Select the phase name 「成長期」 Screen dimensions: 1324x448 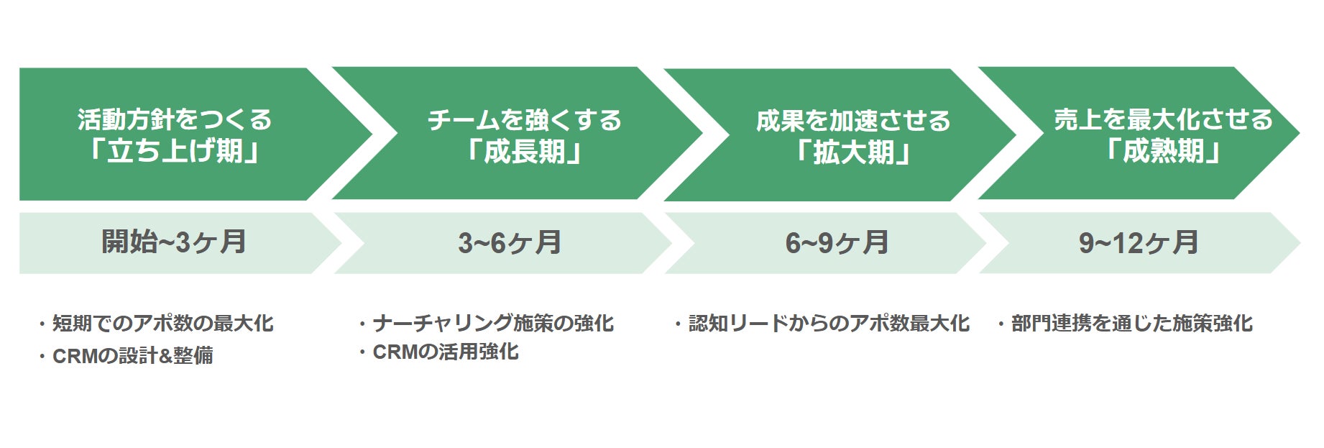pyautogui.click(x=524, y=152)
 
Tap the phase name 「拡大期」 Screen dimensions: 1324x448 pyautogui.click(x=853, y=152)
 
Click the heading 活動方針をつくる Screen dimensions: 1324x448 pyautogui.click(x=175, y=119)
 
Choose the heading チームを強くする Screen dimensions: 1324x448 pyautogui.click(x=525, y=120)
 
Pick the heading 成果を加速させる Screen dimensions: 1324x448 pyautogui.click(x=853, y=121)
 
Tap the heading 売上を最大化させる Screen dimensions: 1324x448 pyautogui.click(x=1163, y=119)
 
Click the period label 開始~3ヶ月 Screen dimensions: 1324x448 pyautogui.click(x=174, y=242)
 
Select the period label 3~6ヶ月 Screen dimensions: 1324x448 pyautogui.click(x=510, y=243)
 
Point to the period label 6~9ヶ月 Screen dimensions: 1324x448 pyautogui.click(x=837, y=243)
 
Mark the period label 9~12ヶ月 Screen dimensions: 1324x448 pyautogui.click(x=1139, y=243)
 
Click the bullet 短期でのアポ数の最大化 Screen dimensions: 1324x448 pyautogui.click(x=162, y=324)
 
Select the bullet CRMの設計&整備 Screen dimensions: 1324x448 pyautogui.click(x=132, y=356)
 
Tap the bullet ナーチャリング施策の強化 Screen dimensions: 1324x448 pyautogui.click(x=493, y=324)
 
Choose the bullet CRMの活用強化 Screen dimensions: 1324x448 pyautogui.click(x=446, y=352)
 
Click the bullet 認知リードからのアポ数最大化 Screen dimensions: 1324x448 pyautogui.click(x=829, y=324)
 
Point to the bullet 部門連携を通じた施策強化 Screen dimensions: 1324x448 pyautogui.click(x=1131, y=324)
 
